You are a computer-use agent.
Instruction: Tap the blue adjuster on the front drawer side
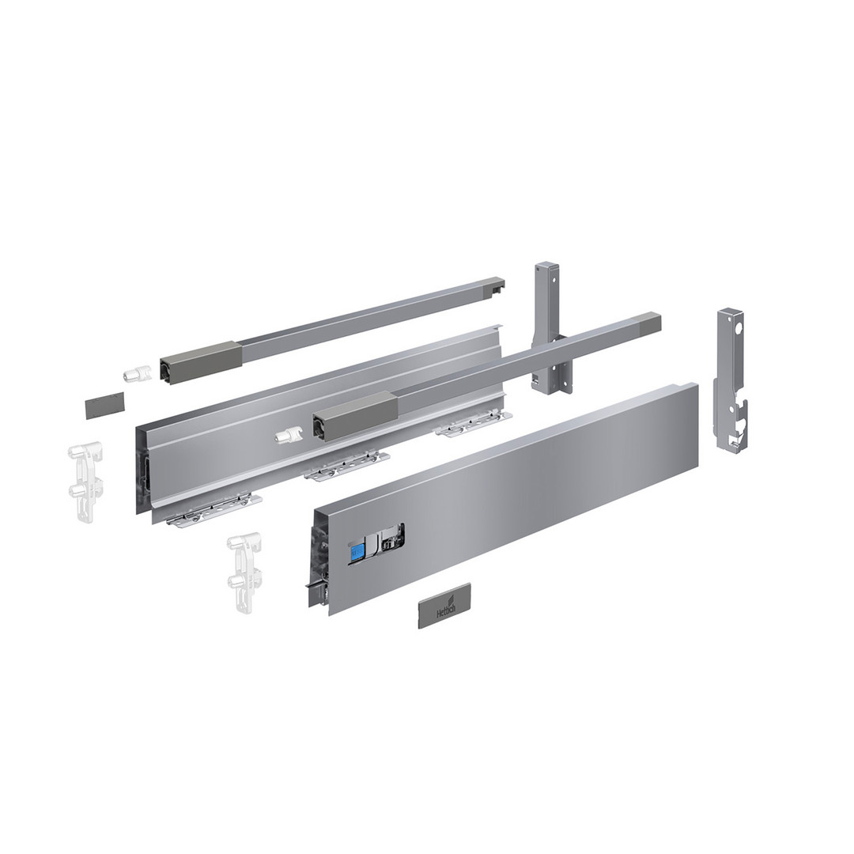pyautogui.click(x=357, y=552)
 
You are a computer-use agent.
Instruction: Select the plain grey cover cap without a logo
pyautogui.click(x=104, y=405)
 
